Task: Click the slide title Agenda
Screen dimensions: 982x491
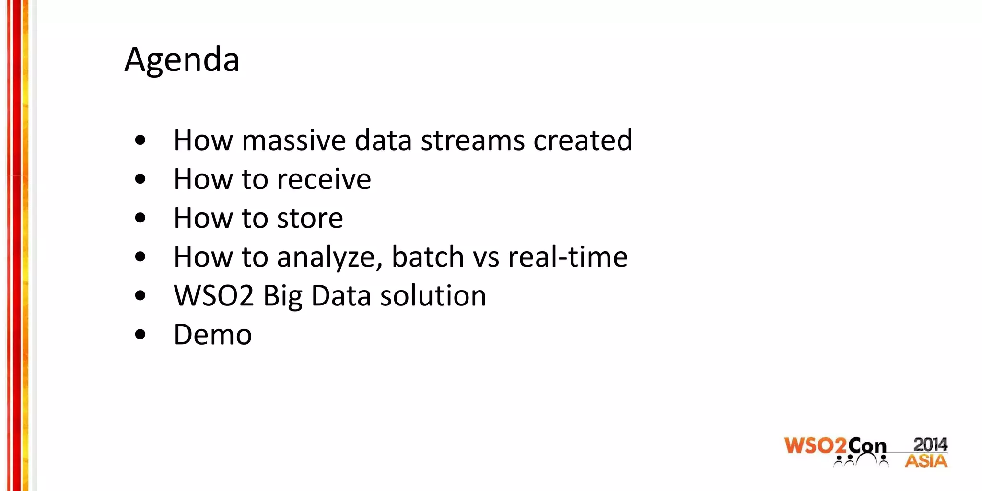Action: (x=182, y=60)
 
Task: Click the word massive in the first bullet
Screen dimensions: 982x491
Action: (x=294, y=140)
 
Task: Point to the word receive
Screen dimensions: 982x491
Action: (x=324, y=179)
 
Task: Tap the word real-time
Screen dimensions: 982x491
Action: (x=568, y=257)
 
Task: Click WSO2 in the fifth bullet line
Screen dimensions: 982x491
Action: (x=213, y=296)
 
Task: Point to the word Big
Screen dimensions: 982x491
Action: (x=282, y=296)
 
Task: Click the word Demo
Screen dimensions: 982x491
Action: (x=212, y=335)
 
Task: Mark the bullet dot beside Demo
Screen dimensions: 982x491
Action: (x=140, y=335)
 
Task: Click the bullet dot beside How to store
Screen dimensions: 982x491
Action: (x=140, y=218)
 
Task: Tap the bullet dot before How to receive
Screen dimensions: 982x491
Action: (x=140, y=179)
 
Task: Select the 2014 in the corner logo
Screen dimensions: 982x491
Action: (x=930, y=444)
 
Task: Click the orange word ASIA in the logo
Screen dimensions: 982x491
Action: (x=926, y=461)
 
